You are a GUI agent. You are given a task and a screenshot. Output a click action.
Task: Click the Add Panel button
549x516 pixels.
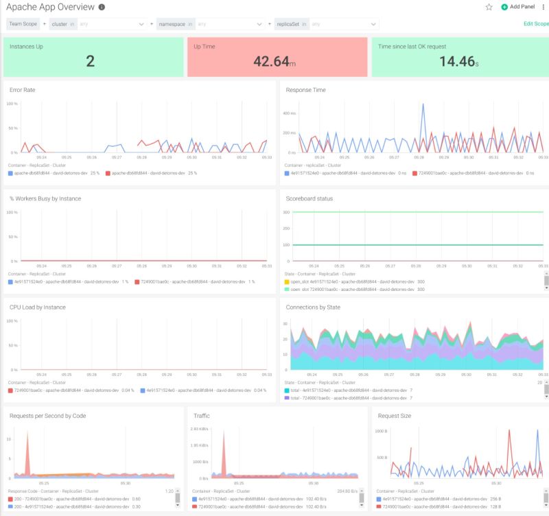point(518,7)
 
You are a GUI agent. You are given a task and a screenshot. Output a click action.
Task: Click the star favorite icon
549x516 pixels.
point(489,7)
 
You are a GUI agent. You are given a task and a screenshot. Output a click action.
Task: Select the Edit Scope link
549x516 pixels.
point(536,23)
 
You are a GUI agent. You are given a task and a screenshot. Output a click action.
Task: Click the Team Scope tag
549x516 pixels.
point(23,23)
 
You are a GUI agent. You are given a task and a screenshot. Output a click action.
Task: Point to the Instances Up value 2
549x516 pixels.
point(91,62)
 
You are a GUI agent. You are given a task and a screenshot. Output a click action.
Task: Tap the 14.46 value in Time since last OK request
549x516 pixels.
point(457,62)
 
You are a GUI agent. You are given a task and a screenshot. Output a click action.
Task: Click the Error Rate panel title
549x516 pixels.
point(23,90)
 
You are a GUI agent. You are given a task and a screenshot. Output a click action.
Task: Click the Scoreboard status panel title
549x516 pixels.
point(309,198)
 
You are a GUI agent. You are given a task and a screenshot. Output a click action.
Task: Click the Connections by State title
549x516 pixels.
point(313,307)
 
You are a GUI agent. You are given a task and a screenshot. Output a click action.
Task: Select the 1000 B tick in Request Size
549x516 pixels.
point(381,431)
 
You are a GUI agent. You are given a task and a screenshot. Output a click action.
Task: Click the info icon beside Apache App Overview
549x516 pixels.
point(102,7)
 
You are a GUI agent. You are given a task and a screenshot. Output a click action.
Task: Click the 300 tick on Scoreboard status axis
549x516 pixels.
point(288,212)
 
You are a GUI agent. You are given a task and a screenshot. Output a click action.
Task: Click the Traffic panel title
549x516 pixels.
point(202,416)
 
